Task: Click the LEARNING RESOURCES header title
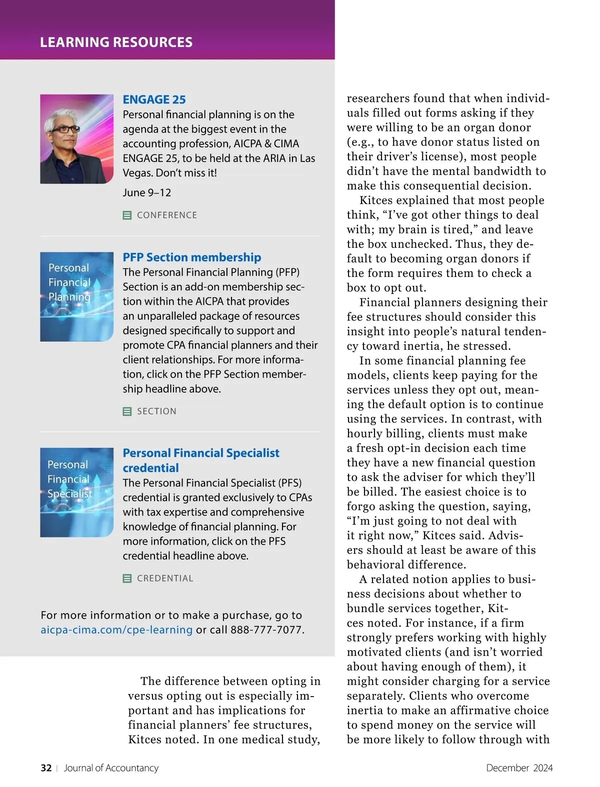[116, 42]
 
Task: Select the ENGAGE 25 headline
[154, 99]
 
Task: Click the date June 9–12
[146, 192]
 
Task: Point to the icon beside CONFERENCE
[127, 215]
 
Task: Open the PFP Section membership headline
[191, 257]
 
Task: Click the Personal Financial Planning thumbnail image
[76, 297]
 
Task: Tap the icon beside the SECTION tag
[127, 411]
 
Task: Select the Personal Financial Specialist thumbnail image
[76, 492]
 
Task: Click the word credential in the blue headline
[150, 468]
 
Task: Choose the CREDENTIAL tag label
[165, 578]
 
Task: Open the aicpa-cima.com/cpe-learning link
[116, 630]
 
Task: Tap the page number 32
[46, 768]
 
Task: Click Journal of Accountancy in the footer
[111, 768]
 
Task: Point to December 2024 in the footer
[519, 768]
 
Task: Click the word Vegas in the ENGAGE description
[138, 173]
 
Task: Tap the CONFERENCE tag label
[167, 215]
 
